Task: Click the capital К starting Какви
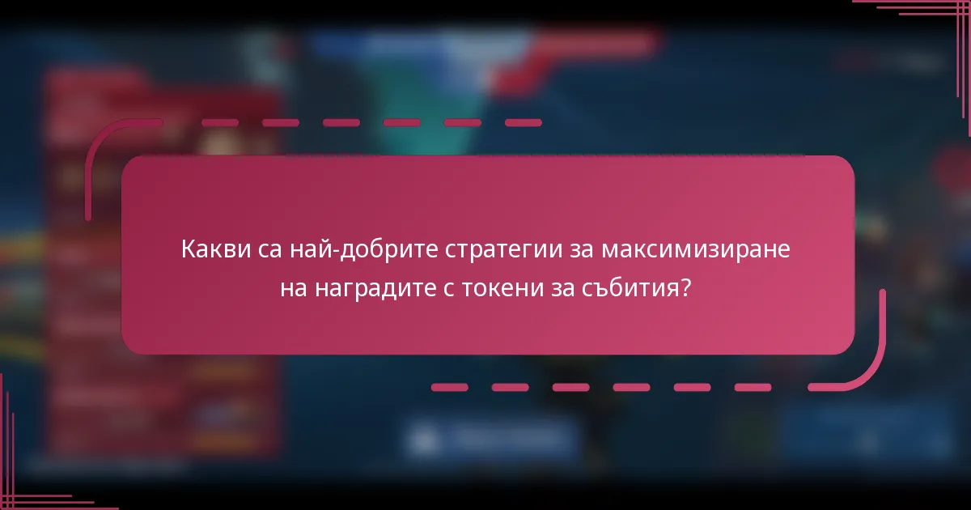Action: (188, 250)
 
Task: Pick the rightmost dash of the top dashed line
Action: (523, 123)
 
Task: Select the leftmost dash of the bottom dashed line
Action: (449, 388)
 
